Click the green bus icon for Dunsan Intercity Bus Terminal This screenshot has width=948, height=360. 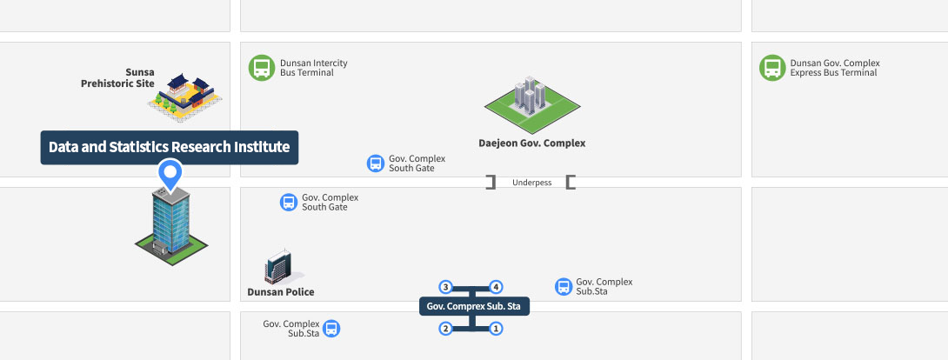pos(262,68)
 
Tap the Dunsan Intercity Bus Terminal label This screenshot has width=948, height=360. pos(314,68)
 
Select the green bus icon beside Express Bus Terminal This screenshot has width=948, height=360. pos(772,68)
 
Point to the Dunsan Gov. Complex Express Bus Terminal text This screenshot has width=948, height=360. pos(835,68)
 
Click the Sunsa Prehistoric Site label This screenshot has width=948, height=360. pos(118,78)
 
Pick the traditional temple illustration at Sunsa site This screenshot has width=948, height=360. pos(185,96)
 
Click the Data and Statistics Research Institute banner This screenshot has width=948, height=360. pos(170,147)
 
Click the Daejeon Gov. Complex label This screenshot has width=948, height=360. pos(532,143)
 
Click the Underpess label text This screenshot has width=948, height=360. pos(532,183)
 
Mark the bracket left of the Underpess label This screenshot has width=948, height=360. pos(491,182)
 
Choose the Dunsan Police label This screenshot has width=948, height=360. pos(281,292)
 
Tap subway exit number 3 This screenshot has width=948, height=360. pos(445,287)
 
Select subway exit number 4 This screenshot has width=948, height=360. pos(496,287)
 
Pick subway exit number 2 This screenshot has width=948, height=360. pos(445,329)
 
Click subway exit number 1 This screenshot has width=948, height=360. pos(496,329)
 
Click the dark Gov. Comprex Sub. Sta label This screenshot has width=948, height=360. pos(474,306)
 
